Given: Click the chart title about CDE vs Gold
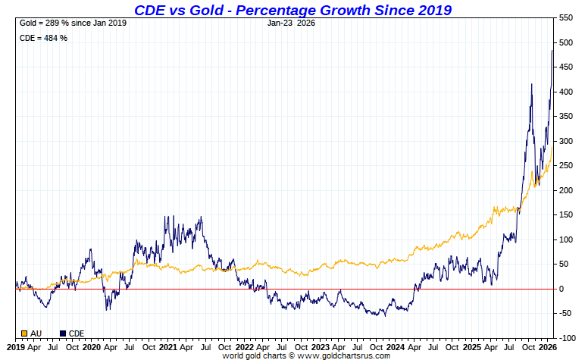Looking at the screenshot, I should coord(292,10).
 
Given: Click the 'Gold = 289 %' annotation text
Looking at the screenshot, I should coord(72,23).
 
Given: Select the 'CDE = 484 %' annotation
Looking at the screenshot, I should coord(42,38).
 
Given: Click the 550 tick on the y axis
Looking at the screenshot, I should coord(566,17).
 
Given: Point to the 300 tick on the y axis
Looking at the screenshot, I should coord(566,141).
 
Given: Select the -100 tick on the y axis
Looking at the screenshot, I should coord(565,338).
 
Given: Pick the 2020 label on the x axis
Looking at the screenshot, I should coord(91,347).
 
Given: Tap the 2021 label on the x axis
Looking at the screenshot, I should coord(167,347).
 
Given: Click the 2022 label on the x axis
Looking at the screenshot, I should coord(244,347).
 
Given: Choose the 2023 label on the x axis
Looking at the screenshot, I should coord(321,347).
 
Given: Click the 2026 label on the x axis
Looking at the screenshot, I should coord(549,347).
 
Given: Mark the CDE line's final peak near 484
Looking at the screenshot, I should coord(552,50).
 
